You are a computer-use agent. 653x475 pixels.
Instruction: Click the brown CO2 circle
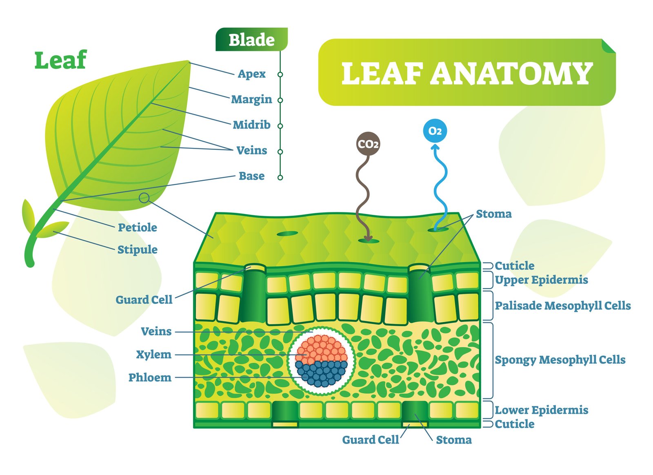pyautogui.click(x=368, y=143)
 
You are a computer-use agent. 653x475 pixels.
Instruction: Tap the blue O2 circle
pyautogui.click(x=435, y=131)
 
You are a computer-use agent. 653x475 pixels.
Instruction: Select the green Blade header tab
pyautogui.click(x=251, y=39)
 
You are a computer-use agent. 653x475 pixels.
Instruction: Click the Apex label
pyautogui.click(x=251, y=74)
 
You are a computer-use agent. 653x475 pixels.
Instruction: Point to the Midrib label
pyautogui.click(x=251, y=125)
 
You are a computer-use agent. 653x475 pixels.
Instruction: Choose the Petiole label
pyautogui.click(x=137, y=227)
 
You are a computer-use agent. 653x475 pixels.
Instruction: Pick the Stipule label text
pyautogui.click(x=137, y=250)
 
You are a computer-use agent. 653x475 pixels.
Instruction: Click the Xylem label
pyautogui.click(x=153, y=355)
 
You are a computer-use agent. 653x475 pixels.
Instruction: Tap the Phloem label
pyautogui.click(x=150, y=377)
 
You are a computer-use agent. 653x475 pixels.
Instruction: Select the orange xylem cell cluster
pyautogui.click(x=321, y=349)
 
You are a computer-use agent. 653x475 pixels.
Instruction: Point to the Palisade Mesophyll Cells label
pyautogui.click(x=563, y=306)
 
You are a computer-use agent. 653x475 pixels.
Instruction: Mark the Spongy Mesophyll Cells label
pyautogui.click(x=560, y=360)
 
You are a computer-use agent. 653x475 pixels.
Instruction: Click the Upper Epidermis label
pyautogui.click(x=541, y=280)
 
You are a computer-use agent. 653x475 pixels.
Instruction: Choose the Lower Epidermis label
pyautogui.click(x=541, y=410)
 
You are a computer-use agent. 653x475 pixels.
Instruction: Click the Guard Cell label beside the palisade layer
pyautogui.click(x=144, y=300)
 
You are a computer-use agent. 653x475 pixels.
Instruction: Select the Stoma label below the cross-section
pyautogui.click(x=453, y=440)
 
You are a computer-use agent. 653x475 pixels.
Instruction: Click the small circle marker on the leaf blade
pyautogui.click(x=144, y=198)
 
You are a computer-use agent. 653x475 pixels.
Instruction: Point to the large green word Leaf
pyautogui.click(x=61, y=60)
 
